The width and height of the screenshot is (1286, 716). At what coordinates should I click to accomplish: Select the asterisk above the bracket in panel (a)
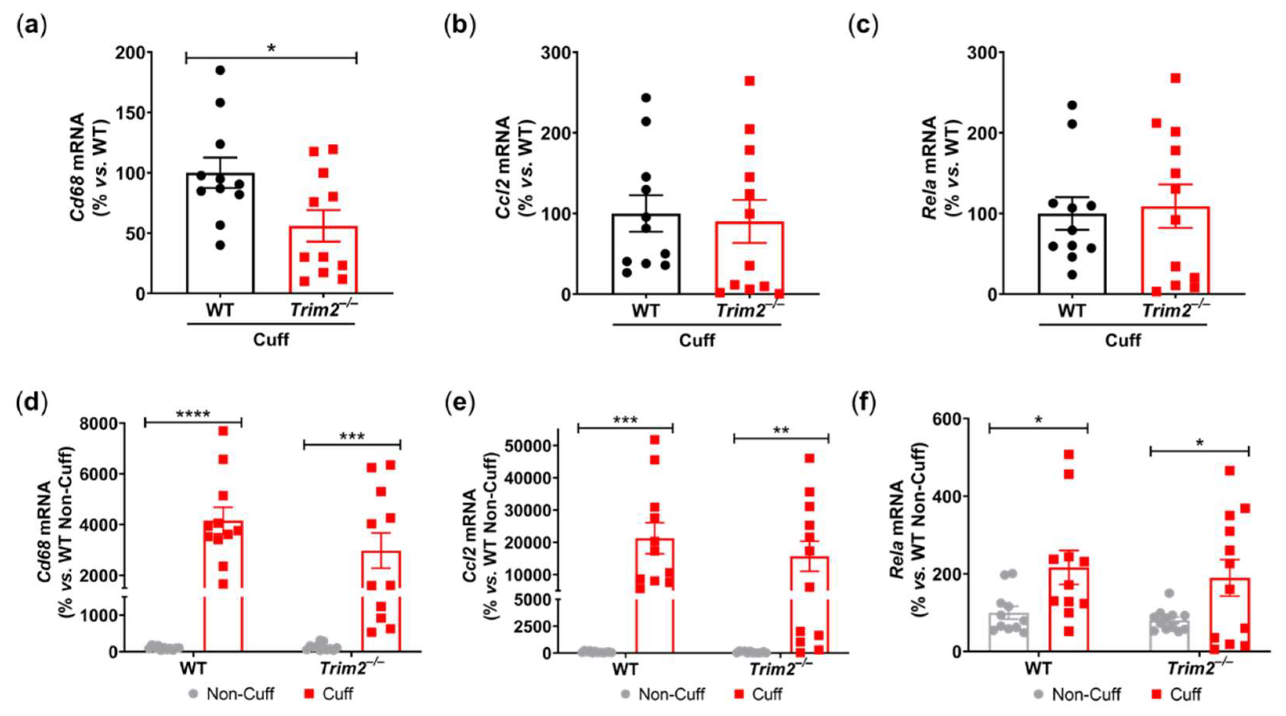(x=271, y=49)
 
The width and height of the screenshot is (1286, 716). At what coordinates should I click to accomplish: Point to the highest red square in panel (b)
(x=749, y=81)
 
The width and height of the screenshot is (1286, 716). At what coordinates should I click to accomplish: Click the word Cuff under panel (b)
(x=697, y=340)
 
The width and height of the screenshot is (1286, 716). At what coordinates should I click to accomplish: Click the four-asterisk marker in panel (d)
(x=193, y=414)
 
